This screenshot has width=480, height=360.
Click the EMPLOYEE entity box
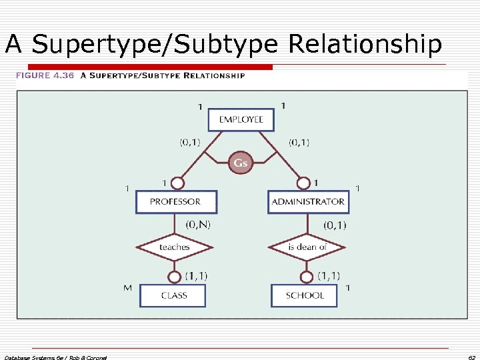241,120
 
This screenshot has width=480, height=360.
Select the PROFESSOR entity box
175,201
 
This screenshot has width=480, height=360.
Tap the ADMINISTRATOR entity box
307,201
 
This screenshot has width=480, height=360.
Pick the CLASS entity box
173,295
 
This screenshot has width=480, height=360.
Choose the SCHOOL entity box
305,295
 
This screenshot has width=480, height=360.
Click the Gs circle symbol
241,163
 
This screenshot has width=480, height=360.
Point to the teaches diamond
174,247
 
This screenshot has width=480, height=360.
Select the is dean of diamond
307,247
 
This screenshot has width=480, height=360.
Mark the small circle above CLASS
174,277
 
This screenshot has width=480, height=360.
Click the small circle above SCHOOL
306,277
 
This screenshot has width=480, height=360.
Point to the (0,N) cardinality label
198,225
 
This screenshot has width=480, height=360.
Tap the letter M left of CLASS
128,288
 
